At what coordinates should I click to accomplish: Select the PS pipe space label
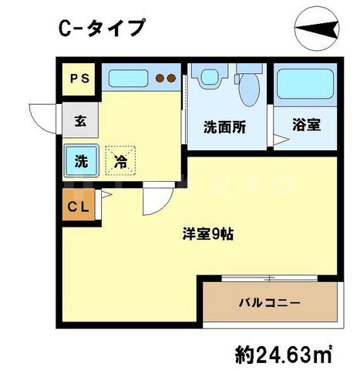pos(79,78)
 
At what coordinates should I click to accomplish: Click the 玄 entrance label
pos(79,121)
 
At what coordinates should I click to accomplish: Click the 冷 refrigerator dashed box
pos(120,162)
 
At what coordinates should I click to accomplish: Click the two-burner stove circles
pos(165,78)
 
